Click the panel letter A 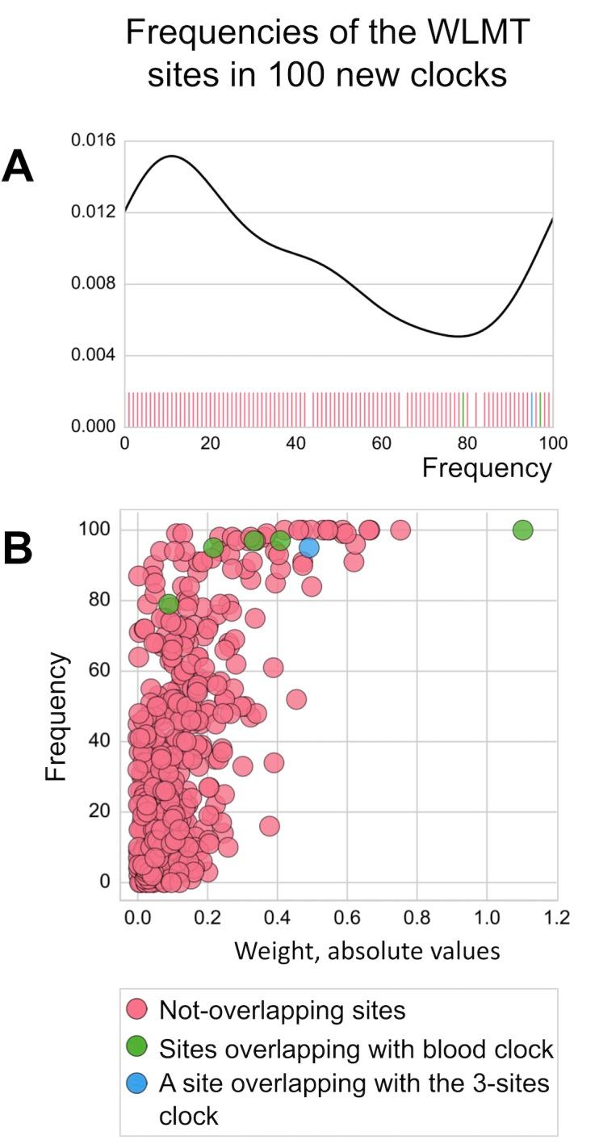[17, 167]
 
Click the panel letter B [17, 548]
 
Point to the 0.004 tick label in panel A [93, 355]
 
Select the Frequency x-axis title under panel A [487, 467]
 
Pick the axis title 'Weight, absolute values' [367, 950]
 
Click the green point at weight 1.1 [522, 530]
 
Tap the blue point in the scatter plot [308, 547]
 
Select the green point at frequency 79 [168, 604]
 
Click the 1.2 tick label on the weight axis [556, 918]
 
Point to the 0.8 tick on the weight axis [417, 918]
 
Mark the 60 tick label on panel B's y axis [99, 671]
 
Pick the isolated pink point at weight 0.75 [400, 530]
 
